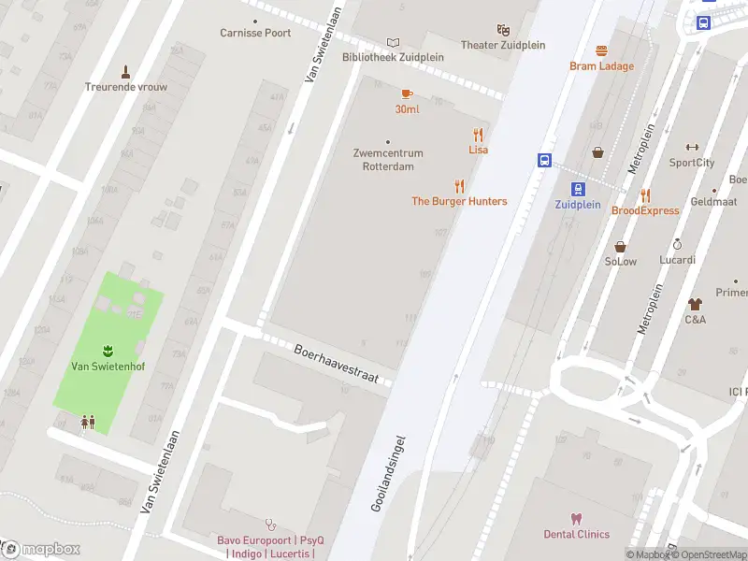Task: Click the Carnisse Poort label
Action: pos(255,33)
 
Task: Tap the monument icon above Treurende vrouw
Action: pos(126,71)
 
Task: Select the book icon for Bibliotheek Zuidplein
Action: pos(393,42)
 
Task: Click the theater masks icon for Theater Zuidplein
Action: pos(503,30)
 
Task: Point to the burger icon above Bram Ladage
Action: pos(601,50)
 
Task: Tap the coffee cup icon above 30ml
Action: pos(407,93)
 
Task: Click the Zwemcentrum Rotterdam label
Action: pos(388,160)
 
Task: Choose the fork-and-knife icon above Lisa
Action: pos(478,135)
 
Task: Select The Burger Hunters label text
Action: pos(459,201)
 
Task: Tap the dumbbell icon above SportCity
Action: pos(692,147)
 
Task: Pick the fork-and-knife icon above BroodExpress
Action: pos(645,195)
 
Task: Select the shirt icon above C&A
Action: pos(695,304)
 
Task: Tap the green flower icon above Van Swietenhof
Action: pos(108,350)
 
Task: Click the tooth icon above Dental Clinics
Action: pos(576,519)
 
